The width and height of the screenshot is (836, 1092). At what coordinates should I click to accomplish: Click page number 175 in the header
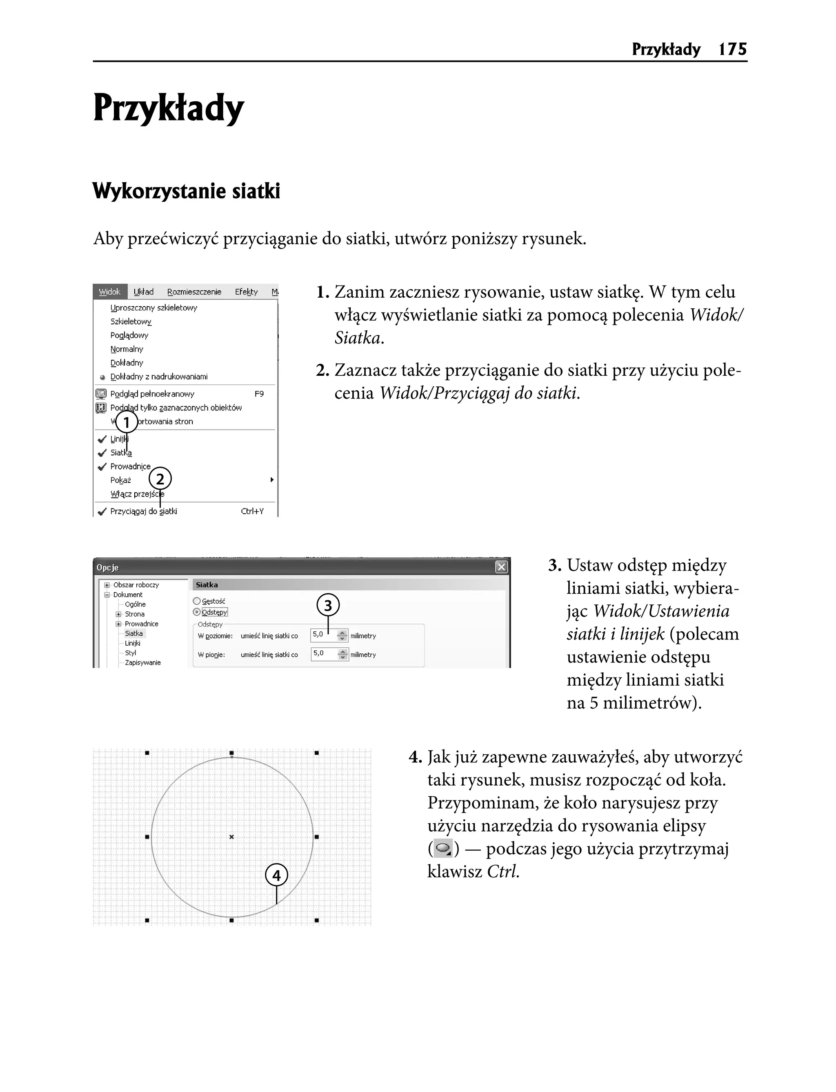point(732,49)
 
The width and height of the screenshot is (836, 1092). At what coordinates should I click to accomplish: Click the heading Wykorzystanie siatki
point(186,191)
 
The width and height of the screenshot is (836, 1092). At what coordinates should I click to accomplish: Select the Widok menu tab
point(109,292)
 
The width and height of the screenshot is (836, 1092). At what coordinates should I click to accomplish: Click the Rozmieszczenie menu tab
point(194,292)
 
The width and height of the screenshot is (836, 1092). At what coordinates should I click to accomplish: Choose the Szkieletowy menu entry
point(131,321)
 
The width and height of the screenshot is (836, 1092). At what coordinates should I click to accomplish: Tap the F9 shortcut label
point(259,394)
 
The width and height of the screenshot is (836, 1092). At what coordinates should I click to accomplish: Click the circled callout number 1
point(127,423)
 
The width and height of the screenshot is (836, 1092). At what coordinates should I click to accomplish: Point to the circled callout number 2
point(160,479)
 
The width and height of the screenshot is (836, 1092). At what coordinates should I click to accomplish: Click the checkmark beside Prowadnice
point(102,466)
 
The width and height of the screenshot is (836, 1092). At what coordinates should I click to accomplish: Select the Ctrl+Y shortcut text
point(252,511)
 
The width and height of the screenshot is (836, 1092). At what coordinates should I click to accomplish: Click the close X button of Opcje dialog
point(501,567)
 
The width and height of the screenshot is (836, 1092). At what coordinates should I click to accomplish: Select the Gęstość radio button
point(197,601)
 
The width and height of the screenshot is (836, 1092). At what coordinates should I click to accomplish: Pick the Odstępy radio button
point(197,612)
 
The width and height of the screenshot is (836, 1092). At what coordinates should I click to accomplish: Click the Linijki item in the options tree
point(132,643)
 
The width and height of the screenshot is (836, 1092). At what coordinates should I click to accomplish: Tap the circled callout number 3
point(328,606)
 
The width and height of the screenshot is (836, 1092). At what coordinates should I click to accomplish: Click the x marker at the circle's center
point(231,837)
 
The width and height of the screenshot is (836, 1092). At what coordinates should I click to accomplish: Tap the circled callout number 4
point(276,876)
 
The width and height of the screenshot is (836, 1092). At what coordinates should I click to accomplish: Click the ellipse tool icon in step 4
point(443,849)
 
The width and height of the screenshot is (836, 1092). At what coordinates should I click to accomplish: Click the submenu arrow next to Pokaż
point(272,480)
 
